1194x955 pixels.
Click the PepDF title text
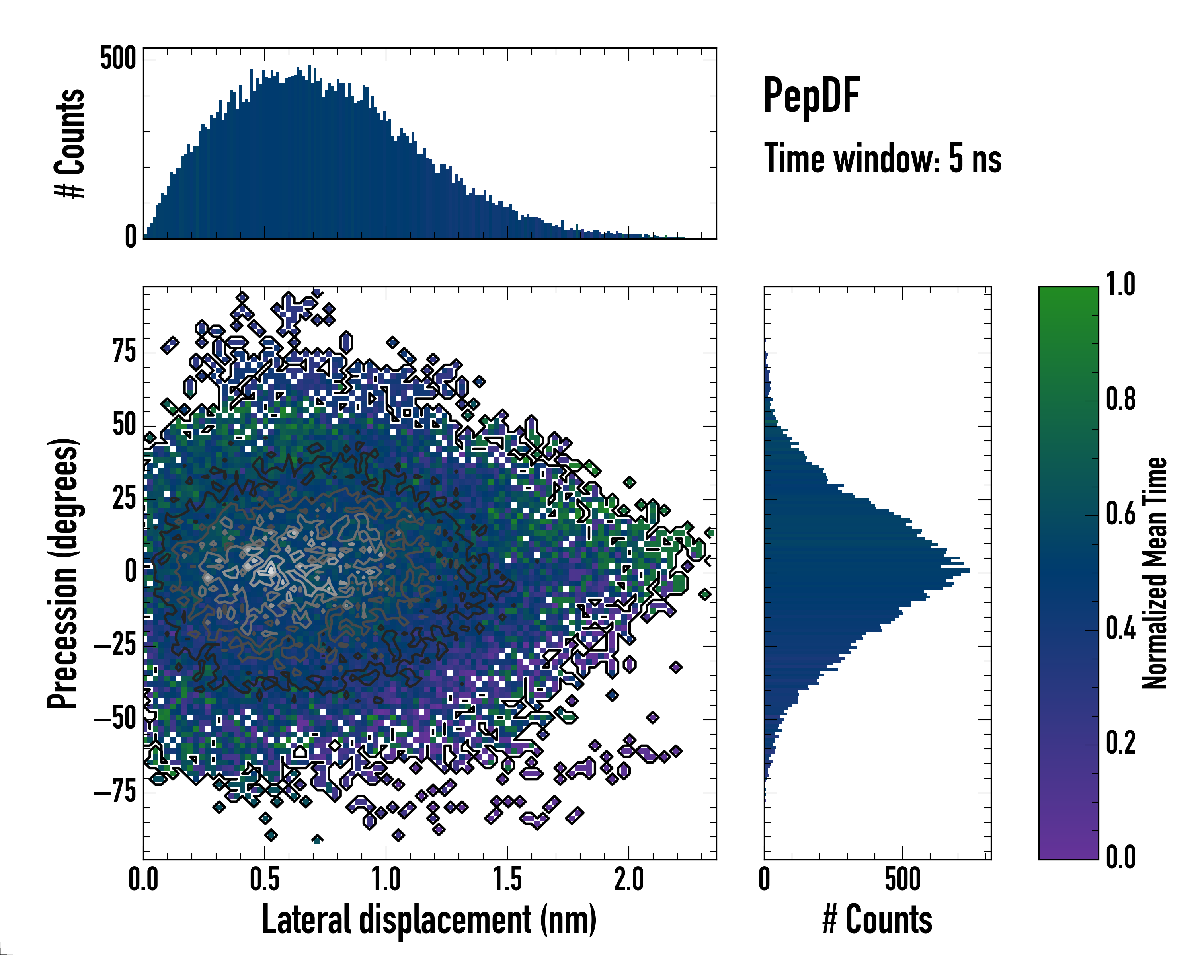[811, 95]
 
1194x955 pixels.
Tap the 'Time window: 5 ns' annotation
[882, 159]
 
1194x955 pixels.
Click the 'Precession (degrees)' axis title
[62, 573]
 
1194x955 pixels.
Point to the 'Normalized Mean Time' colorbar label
[1154, 573]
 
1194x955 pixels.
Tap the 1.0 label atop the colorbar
[1121, 285]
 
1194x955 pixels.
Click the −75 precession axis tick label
[115, 792]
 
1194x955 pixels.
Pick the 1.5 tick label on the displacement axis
[507, 879]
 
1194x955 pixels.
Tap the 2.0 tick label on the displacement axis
[628, 879]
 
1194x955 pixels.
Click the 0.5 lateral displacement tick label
[265, 879]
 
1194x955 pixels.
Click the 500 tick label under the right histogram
[903, 879]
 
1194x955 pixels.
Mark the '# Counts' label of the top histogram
[70, 143]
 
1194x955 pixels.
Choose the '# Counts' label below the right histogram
[877, 920]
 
